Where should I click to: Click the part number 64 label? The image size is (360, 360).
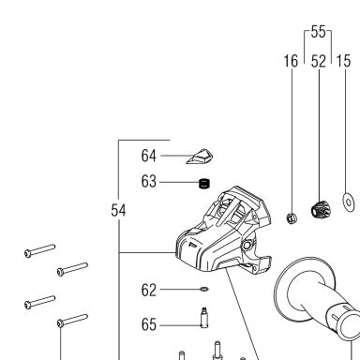click(148, 156)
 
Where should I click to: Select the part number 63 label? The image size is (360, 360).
click(148, 181)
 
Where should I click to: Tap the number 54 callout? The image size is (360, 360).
click(118, 210)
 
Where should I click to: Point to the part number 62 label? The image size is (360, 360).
click(148, 290)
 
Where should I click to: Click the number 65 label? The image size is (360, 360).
click(148, 324)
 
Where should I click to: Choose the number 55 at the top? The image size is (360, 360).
click(318, 32)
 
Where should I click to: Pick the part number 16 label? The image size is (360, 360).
click(291, 61)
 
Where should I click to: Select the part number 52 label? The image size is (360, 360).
click(319, 61)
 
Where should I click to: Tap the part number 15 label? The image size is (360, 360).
click(343, 61)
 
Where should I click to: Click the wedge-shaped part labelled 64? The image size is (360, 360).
click(200, 157)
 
